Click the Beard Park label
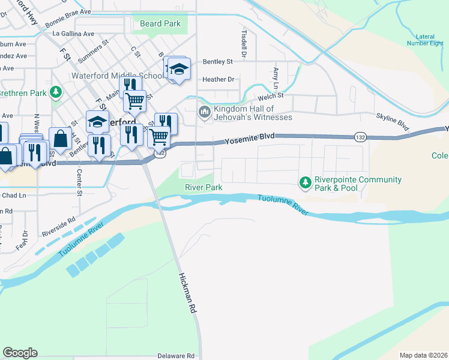(160, 23)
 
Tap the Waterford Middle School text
(117, 76)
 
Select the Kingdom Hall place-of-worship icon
(205, 112)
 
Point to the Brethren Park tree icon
(56, 92)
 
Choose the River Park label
(203, 188)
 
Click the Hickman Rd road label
(188, 293)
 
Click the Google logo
(20, 353)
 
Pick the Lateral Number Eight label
(421, 39)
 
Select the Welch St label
(270, 97)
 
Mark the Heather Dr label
(218, 79)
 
